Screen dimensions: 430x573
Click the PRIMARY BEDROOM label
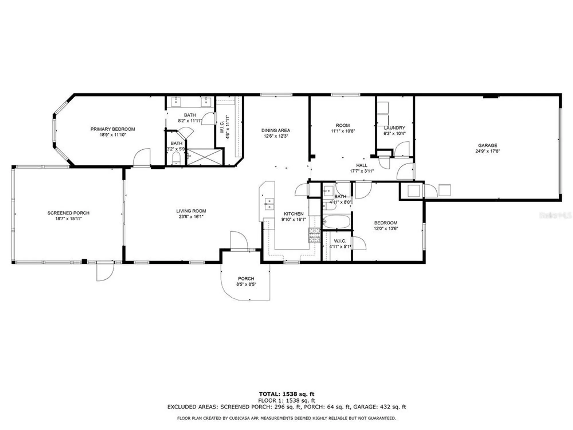[113, 129]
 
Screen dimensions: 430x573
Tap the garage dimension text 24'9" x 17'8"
[487, 151]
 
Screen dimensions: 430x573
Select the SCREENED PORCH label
[68, 213]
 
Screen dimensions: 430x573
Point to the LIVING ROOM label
[191, 211]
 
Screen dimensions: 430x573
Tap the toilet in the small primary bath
[176, 159]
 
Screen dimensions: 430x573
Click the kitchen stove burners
[314, 235]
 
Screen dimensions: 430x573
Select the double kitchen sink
[269, 203]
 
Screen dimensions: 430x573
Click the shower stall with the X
[205, 157]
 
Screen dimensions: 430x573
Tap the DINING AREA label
[275, 130]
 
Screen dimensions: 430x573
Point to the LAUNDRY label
[394, 128]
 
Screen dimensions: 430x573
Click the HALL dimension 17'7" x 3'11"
[362, 171]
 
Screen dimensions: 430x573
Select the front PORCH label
[246, 278]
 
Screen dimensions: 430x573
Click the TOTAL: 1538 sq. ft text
[286, 394]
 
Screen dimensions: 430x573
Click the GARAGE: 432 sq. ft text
[379, 407]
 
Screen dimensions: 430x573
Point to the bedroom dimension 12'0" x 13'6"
[386, 228]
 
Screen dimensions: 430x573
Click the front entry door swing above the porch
[239, 241]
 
